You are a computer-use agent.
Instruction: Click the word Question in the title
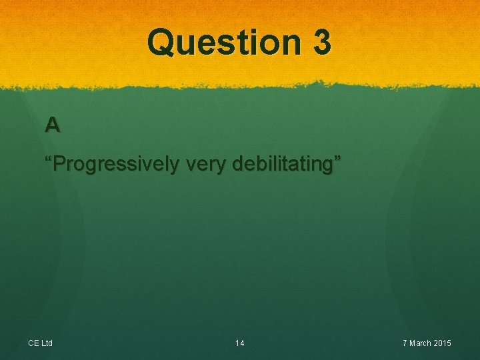(x=224, y=42)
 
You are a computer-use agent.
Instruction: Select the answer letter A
(x=52, y=124)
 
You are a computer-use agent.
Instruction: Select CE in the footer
(x=33, y=343)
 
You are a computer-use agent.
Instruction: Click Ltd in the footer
(x=47, y=343)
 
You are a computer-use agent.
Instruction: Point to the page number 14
(x=240, y=343)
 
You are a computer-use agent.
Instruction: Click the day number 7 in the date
(x=405, y=343)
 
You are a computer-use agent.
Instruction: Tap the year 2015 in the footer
(x=442, y=343)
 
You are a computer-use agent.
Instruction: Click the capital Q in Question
(x=160, y=42)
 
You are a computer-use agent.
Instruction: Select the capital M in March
(x=413, y=343)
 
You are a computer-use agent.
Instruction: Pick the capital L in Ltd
(x=42, y=343)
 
